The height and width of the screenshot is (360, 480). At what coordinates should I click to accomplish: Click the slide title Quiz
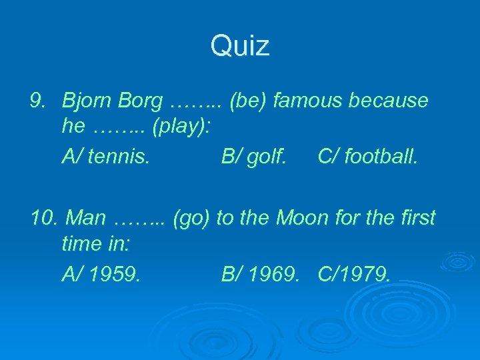click(x=240, y=47)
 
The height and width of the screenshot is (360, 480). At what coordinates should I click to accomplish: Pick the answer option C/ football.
click(x=368, y=157)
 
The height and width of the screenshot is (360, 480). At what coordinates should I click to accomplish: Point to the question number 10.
click(x=41, y=217)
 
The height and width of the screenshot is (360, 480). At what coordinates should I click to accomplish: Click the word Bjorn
click(x=86, y=101)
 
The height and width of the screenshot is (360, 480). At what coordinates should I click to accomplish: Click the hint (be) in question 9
click(x=249, y=101)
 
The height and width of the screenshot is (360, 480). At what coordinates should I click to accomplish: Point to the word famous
click(x=307, y=101)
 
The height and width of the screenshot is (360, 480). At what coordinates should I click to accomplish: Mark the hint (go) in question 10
click(x=191, y=218)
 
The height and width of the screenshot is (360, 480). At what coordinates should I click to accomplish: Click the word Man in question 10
click(x=87, y=217)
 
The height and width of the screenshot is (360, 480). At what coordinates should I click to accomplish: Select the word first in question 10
click(x=415, y=217)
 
